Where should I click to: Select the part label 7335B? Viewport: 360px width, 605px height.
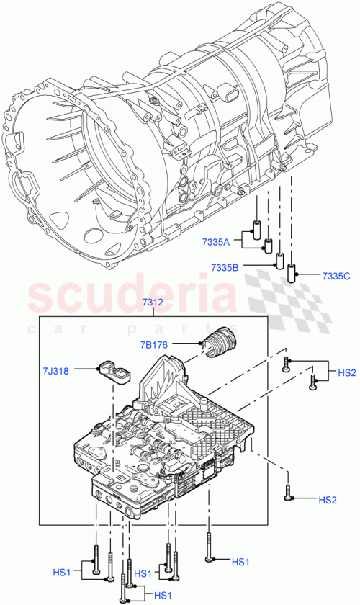[225, 268]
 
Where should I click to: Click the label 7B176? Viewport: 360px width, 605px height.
[153, 345]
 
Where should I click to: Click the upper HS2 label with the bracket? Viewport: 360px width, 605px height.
[347, 372]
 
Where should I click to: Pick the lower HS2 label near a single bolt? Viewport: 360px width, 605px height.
[328, 499]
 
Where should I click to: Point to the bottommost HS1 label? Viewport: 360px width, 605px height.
[163, 595]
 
